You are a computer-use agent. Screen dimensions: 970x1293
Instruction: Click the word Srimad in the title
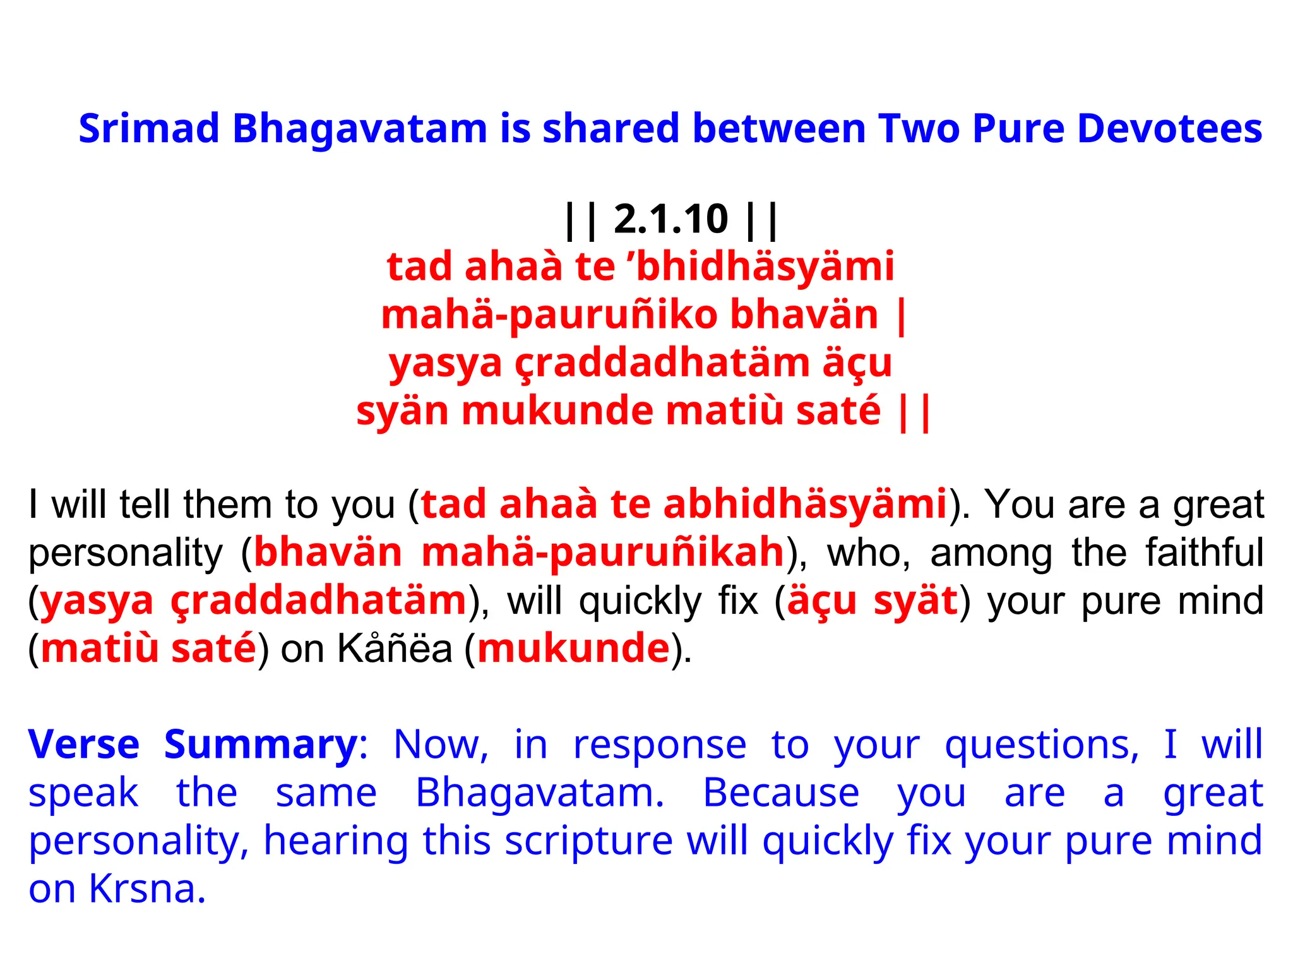pyautogui.click(x=148, y=128)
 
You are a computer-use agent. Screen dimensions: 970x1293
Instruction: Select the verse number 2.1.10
pyautogui.click(x=670, y=219)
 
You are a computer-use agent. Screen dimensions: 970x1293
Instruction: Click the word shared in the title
pyautogui.click(x=611, y=128)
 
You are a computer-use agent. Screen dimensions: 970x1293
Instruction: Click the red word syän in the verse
pyautogui.click(x=402, y=410)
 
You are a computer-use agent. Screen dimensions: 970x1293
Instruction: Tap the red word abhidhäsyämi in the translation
pyautogui.click(x=805, y=505)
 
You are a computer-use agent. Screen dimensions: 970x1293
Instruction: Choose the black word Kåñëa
pyautogui.click(x=395, y=649)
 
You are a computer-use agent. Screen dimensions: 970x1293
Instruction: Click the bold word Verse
pyautogui.click(x=84, y=745)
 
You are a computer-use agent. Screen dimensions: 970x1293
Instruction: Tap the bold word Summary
pyautogui.click(x=261, y=745)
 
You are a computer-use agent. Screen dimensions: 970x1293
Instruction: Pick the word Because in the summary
pyautogui.click(x=781, y=793)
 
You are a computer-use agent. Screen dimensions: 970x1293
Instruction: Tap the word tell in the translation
pyautogui.click(x=145, y=505)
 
